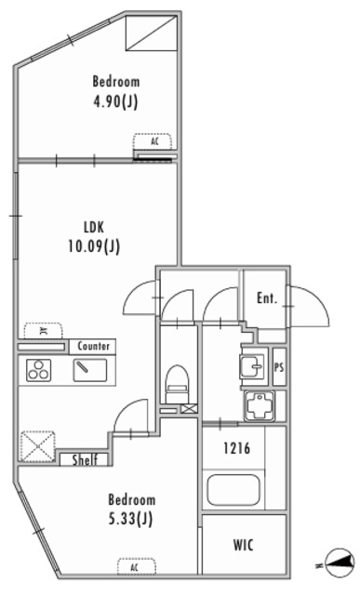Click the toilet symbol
pos(178,383)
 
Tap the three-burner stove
pos(39,370)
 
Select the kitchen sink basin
pos(90,370)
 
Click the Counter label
pos(93,346)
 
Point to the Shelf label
pos(85,460)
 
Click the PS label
pos(279,367)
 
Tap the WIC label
pos(243,546)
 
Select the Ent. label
pos(267,298)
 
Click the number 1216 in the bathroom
pos(236,448)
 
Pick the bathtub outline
pos(233,490)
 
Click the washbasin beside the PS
pos(252,365)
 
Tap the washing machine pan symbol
pos(260,407)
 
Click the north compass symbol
pos(340,565)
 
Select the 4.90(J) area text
pos(115,101)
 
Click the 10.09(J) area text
pos(94,246)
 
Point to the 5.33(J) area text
pos(130,519)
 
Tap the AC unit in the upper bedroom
pos(152,141)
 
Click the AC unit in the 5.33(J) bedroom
pos(137,566)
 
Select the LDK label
pos(94,227)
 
